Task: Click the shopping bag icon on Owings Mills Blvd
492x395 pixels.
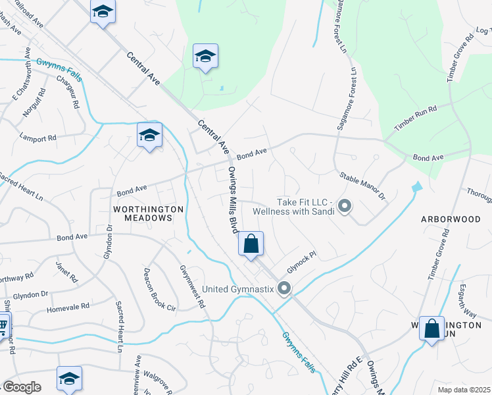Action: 251,244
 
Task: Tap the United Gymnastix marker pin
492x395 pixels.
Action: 284,288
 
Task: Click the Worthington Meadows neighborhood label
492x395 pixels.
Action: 148,213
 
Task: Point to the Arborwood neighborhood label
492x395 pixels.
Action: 455,217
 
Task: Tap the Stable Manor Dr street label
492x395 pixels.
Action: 361,186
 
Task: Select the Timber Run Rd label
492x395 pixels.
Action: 415,118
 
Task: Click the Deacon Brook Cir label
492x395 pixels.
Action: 160,289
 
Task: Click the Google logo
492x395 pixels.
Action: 21,387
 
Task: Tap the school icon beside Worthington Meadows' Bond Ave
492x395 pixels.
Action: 149,136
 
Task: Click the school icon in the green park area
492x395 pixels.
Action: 205,57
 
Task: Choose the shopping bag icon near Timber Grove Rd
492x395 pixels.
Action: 431,329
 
